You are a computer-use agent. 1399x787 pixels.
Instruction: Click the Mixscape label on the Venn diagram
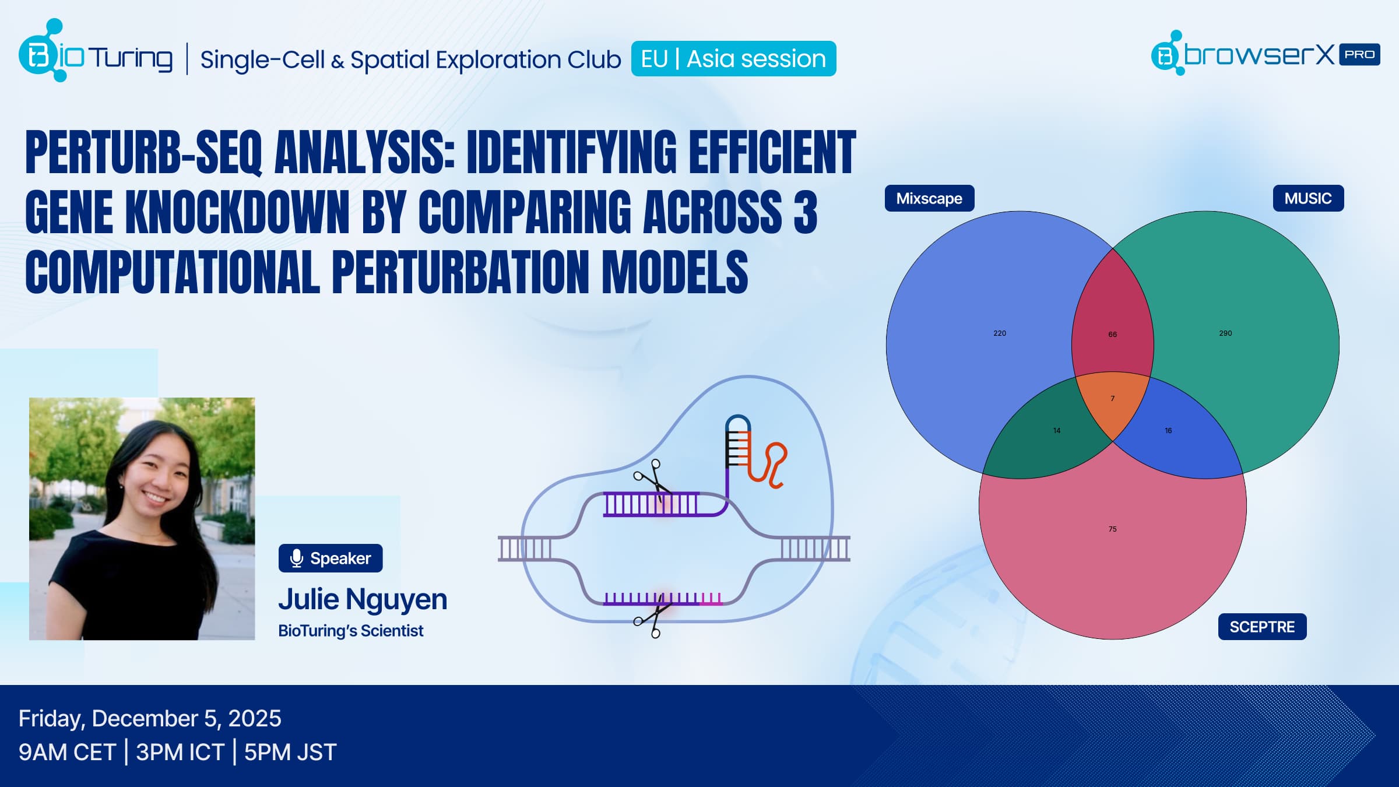[x=929, y=198]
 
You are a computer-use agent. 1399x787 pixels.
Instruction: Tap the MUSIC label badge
[x=1308, y=198]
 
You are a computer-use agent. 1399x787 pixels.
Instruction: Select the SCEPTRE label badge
[x=1262, y=627]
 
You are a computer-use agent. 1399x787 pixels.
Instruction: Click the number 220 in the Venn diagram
[x=1000, y=333]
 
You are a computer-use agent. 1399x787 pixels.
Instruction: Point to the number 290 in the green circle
[x=1225, y=333]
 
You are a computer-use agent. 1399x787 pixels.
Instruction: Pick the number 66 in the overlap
[x=1113, y=335]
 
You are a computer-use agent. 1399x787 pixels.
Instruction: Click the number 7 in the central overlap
[x=1113, y=399]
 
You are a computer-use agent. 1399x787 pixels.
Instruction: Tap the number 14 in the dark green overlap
[x=1057, y=431]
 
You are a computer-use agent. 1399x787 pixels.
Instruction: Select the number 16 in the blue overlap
[x=1168, y=431]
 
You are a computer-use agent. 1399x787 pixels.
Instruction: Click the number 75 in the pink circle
[x=1113, y=529]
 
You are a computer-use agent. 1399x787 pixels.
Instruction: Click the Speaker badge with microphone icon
[x=331, y=558]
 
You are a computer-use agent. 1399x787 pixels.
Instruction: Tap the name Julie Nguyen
[x=363, y=599]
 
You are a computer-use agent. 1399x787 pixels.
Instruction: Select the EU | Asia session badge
[x=733, y=58]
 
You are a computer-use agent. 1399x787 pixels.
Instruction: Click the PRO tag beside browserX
[x=1359, y=54]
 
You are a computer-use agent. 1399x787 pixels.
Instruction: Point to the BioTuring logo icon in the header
[x=43, y=51]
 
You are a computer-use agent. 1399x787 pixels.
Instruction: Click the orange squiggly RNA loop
[x=768, y=465]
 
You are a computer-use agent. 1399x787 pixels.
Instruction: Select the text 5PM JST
[x=290, y=752]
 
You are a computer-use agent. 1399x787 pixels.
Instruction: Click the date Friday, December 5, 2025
[x=150, y=719]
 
